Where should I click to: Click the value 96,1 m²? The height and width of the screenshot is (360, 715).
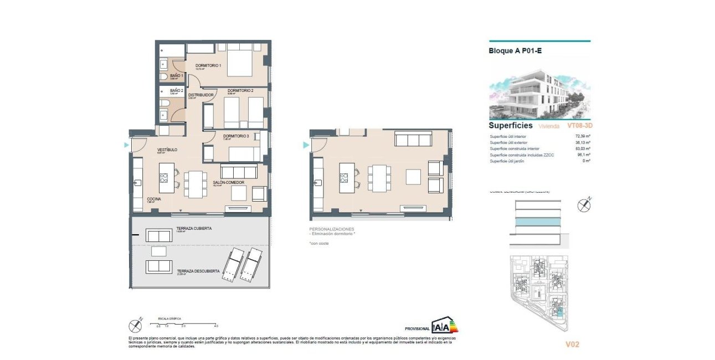point(583,155)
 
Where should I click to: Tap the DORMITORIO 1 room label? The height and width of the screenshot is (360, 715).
point(208,66)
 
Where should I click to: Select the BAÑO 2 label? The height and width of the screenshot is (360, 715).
point(176,90)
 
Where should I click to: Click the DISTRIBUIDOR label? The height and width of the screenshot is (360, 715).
point(200,95)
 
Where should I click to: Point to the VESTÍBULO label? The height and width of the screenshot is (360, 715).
point(167,150)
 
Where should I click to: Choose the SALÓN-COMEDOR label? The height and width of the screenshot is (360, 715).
point(228,182)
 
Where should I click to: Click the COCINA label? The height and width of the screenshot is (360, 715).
point(153,199)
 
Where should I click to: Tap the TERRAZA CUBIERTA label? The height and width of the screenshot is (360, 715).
point(194,228)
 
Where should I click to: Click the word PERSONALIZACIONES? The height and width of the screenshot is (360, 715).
point(331,229)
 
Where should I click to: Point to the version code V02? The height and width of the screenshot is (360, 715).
point(572,344)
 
